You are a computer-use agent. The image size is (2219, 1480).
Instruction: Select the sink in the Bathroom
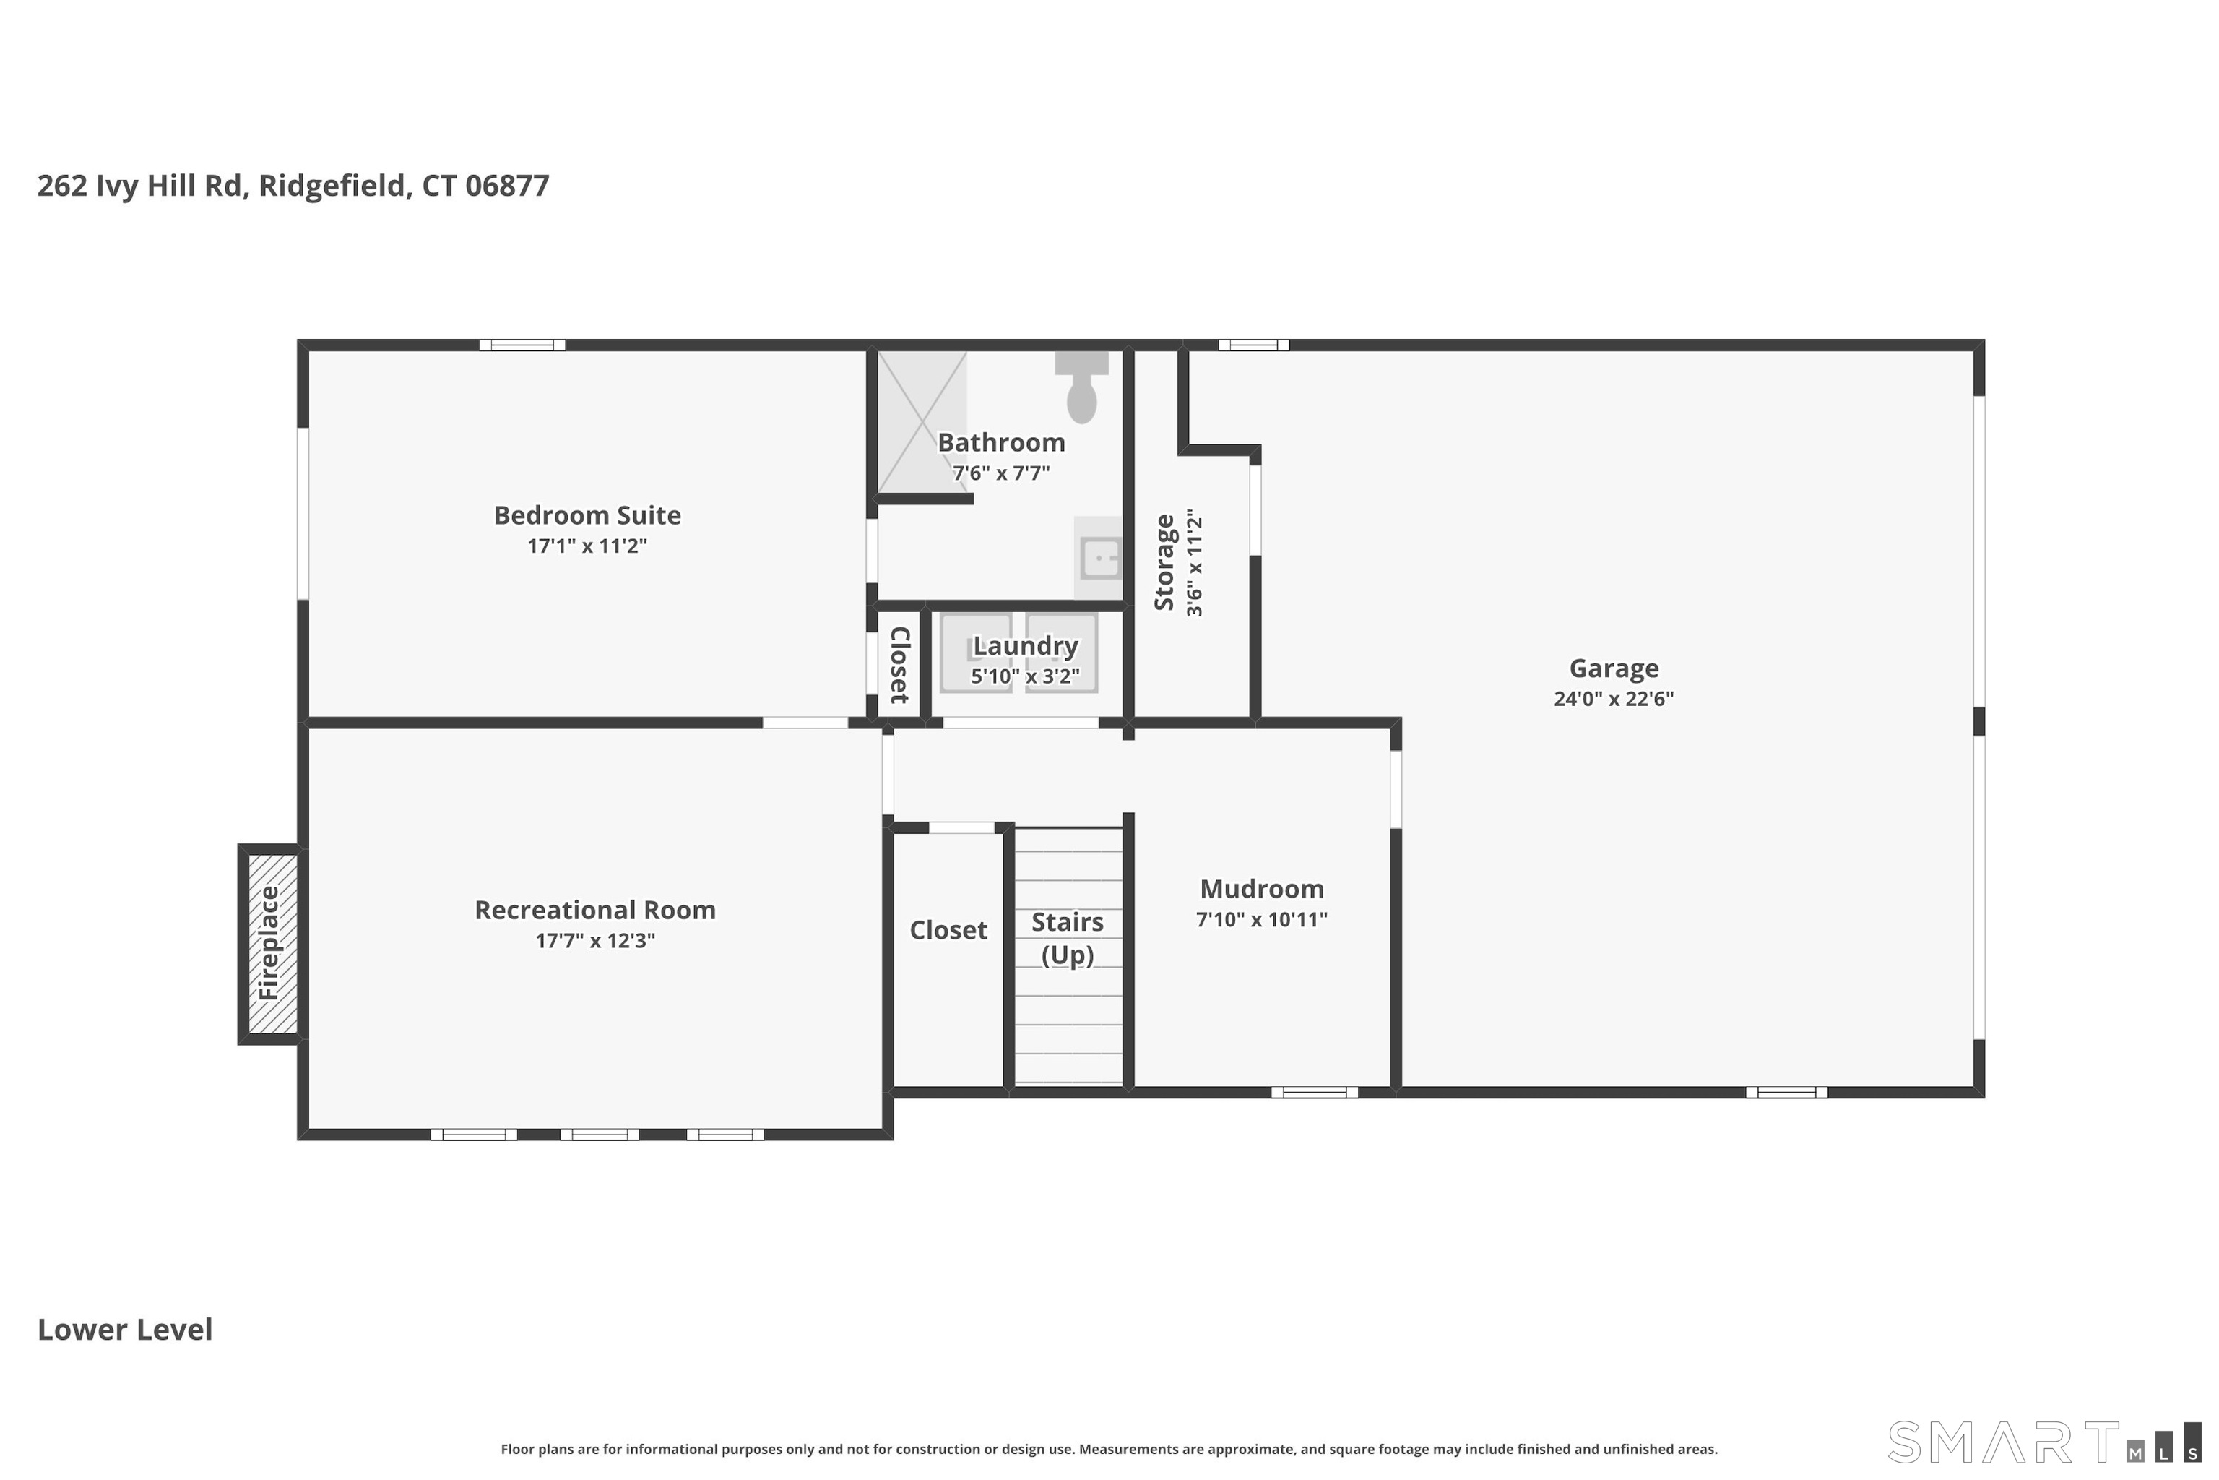1100,558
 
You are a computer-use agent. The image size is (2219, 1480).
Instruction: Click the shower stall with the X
922,422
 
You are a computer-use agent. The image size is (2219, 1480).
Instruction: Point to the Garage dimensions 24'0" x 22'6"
1613,699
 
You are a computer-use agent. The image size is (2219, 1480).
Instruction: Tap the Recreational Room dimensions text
594,940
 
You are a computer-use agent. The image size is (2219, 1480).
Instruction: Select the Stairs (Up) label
1067,938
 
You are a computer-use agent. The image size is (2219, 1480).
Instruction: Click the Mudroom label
1261,889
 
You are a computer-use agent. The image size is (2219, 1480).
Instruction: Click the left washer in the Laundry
976,653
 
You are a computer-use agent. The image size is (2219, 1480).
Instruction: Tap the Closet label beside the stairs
948,931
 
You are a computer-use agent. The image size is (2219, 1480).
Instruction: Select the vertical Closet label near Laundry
899,665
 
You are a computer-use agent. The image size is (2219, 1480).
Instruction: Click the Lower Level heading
124,1330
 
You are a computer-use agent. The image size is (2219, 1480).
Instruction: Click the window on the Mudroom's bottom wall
1314,1092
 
